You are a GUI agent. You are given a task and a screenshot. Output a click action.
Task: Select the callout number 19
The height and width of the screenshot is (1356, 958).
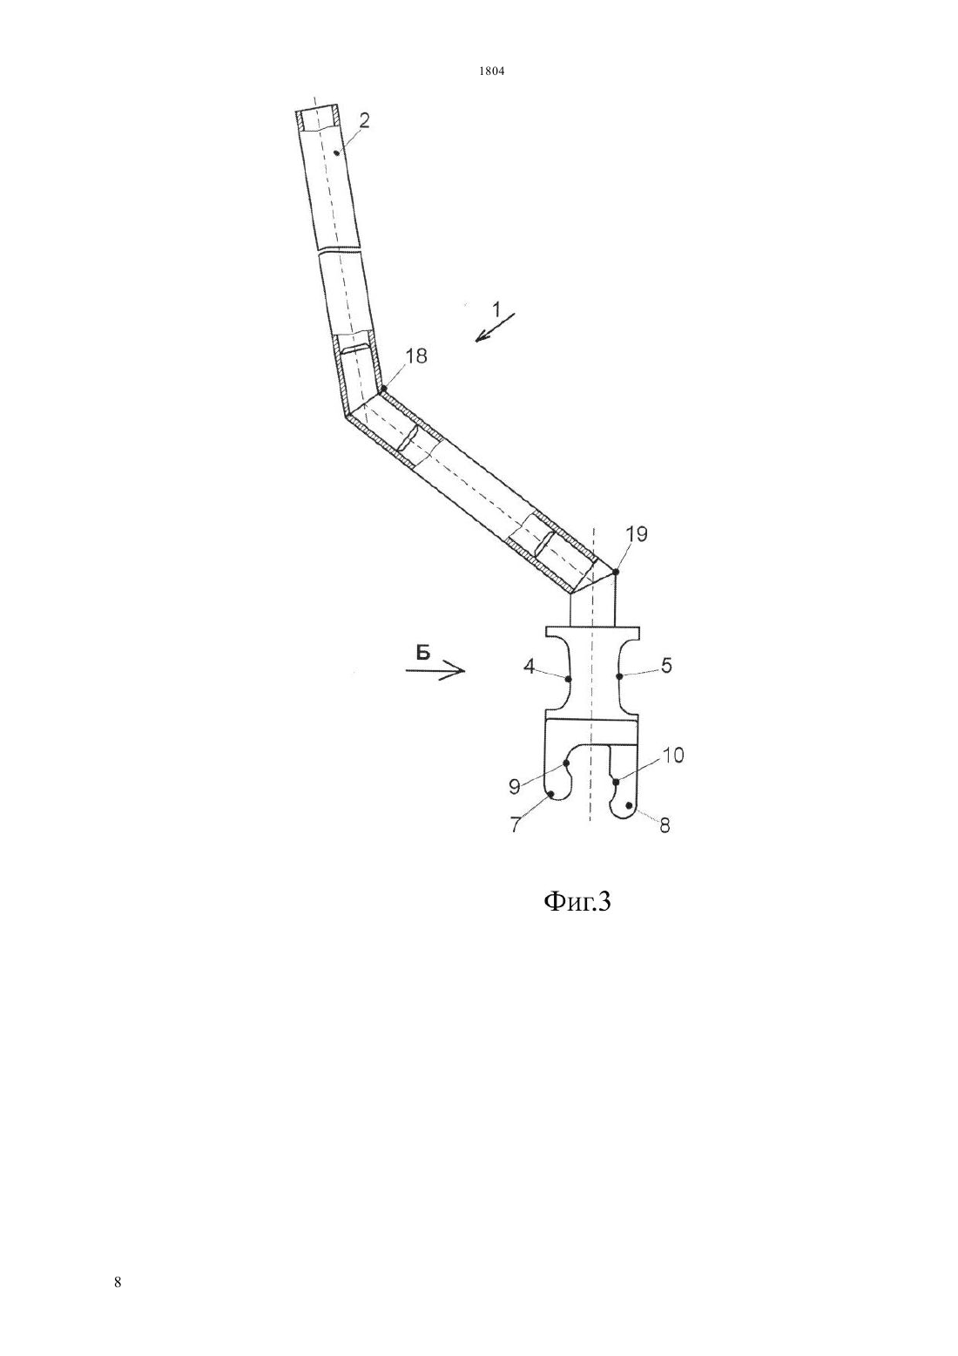[636, 534]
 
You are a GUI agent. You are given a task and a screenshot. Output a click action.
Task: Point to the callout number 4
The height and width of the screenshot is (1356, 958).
[529, 667]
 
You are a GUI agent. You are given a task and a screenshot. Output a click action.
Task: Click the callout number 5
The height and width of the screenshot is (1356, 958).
[666, 666]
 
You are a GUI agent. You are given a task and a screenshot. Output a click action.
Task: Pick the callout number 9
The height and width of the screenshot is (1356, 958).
[515, 786]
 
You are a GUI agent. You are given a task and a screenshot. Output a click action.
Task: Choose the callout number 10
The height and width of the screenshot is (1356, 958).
[672, 755]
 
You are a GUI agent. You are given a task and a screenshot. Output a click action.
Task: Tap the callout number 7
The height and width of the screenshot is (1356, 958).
[515, 824]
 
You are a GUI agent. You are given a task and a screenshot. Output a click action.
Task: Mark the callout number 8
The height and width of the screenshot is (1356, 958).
[665, 825]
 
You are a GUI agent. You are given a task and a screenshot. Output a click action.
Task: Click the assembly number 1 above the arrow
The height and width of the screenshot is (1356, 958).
[496, 310]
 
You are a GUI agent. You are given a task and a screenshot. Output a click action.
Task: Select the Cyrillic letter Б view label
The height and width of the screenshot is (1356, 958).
[422, 653]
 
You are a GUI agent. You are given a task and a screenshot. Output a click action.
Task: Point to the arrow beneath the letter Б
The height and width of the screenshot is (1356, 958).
[435, 671]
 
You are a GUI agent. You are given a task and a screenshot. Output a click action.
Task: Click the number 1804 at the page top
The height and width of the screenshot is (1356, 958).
[492, 71]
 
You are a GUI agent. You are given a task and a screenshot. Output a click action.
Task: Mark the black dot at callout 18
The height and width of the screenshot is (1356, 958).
[383, 388]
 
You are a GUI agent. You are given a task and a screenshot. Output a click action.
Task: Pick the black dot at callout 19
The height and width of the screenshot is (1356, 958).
[616, 572]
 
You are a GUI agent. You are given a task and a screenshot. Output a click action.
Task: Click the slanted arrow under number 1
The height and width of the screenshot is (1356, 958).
[495, 327]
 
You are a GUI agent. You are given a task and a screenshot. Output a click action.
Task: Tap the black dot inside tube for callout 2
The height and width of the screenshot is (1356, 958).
[335, 153]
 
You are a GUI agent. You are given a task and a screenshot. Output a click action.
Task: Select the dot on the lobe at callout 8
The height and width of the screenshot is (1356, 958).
[630, 805]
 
